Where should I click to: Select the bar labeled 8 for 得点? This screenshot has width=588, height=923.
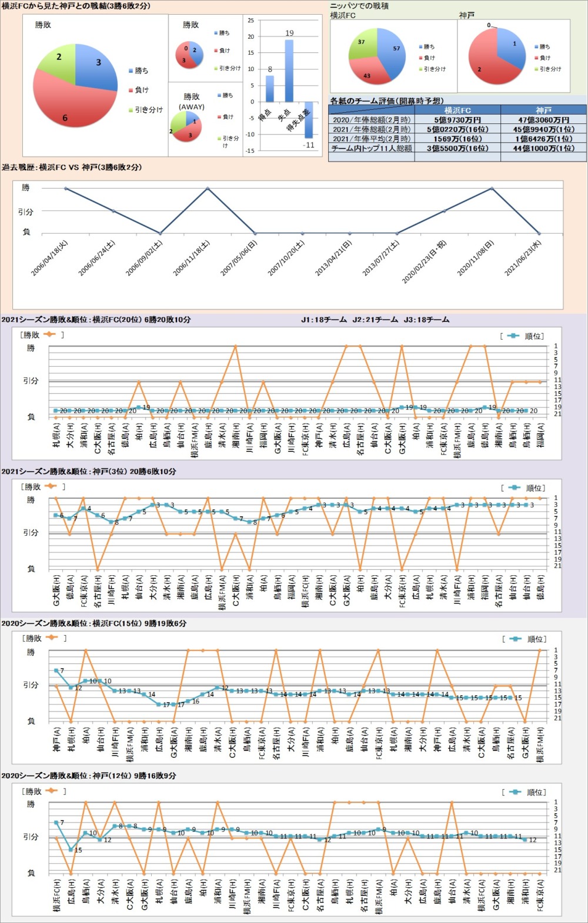pos(270,88)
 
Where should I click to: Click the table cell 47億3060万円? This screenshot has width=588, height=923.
pos(543,120)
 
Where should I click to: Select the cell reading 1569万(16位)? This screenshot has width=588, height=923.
pos(457,139)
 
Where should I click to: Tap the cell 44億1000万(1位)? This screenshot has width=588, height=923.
pos(543,148)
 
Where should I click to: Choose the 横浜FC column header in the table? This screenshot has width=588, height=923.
pos(457,110)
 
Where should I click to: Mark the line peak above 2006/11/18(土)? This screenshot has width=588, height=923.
pos(208,188)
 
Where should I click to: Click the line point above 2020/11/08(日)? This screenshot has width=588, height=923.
pos(492,188)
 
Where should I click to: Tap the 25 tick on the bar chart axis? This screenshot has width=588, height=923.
pos(251,21)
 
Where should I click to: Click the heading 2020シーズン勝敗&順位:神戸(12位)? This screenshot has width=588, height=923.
pos(88,776)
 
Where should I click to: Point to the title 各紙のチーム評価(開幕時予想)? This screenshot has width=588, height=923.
pos(387,100)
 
